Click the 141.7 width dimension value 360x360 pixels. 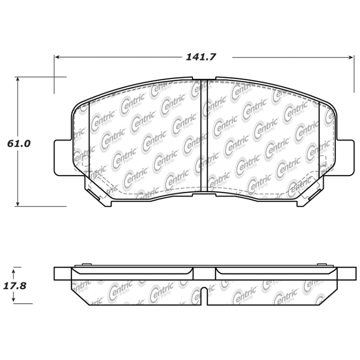point(201,57)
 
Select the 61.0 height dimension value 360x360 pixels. point(19,144)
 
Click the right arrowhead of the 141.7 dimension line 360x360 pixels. point(352,57)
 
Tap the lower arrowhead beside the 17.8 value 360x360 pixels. point(14,301)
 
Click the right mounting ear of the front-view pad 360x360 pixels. point(346,157)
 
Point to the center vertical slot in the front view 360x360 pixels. point(204,135)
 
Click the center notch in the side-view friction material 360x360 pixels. point(204,295)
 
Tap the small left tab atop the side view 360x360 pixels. point(87,265)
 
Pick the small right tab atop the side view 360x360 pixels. point(321,265)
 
